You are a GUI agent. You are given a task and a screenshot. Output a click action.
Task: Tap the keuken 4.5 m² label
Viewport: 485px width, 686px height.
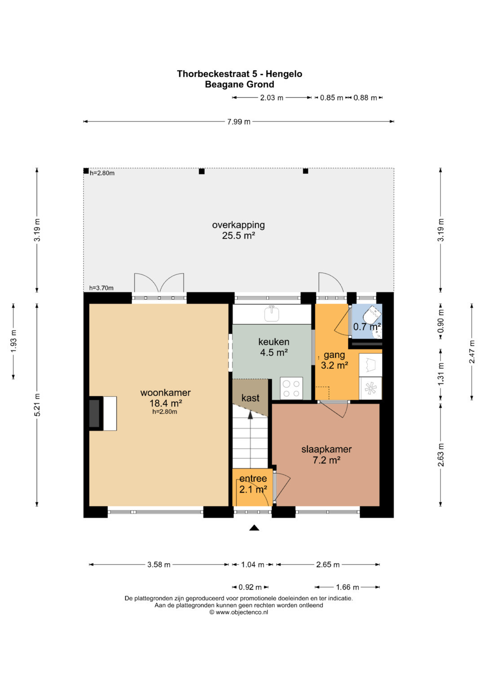274,347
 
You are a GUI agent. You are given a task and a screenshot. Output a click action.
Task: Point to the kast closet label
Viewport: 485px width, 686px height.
250,398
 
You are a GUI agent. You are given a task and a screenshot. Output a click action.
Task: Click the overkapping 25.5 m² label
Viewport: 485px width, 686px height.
238,230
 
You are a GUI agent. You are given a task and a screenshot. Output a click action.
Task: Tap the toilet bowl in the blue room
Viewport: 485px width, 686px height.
371,314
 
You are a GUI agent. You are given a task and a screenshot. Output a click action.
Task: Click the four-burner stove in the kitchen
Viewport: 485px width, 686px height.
291,388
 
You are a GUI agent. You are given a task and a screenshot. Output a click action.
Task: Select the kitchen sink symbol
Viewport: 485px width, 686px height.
272,313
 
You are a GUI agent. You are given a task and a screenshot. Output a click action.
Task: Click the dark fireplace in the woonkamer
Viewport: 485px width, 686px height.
95,413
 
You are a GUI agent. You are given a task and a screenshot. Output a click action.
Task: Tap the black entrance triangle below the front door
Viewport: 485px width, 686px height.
254,528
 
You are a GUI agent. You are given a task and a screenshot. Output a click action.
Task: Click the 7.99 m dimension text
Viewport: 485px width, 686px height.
238,122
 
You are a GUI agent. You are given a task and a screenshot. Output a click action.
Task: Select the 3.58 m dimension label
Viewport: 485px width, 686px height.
159,564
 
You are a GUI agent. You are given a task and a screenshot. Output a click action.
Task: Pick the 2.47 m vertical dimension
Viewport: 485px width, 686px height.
472,352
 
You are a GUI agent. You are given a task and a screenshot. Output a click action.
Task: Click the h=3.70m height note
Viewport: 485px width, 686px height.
101,288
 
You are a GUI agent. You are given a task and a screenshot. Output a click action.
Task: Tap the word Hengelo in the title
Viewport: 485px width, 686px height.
284,74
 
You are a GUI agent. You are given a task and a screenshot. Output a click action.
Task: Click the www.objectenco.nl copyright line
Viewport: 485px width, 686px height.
238,612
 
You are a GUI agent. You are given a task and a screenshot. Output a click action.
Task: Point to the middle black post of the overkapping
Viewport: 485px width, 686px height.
202,172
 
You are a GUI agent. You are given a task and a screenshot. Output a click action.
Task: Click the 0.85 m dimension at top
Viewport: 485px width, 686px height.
331,97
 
